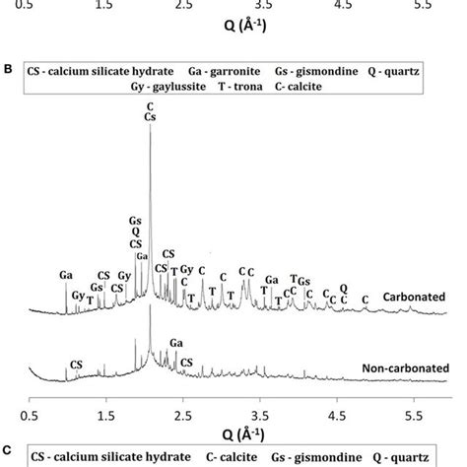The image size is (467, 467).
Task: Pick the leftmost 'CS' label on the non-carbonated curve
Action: tap(73, 365)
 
